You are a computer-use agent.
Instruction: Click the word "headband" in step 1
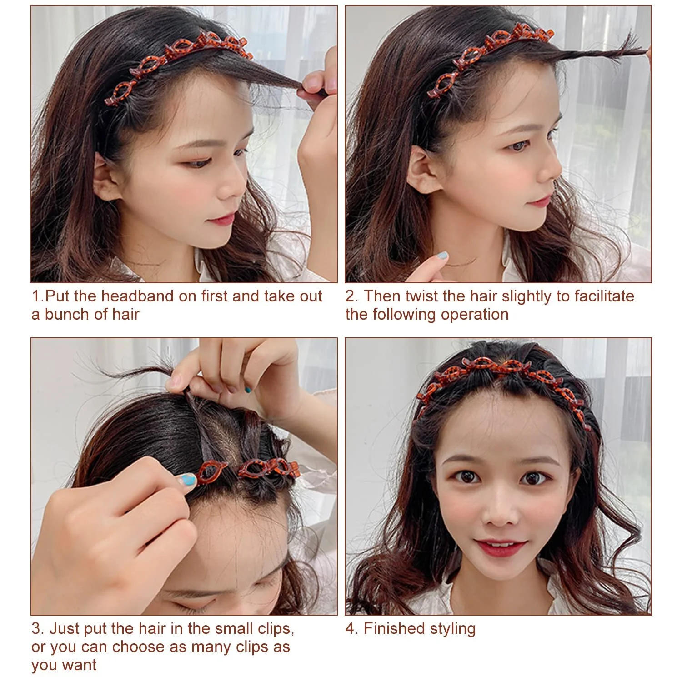pyautogui.click(x=136, y=296)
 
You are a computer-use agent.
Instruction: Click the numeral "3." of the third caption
pyautogui.click(x=38, y=628)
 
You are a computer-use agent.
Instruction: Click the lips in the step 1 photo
pyautogui.click(x=221, y=220)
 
